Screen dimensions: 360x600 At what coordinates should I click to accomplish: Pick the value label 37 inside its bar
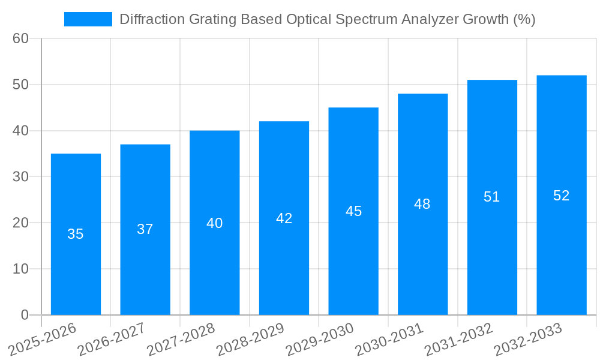pyautogui.click(x=145, y=229)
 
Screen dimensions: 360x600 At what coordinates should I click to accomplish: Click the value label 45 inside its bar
pyautogui.click(x=353, y=211)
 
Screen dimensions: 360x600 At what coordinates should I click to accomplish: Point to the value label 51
pyautogui.click(x=492, y=197)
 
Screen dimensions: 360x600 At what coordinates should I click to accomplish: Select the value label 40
pyautogui.click(x=215, y=223)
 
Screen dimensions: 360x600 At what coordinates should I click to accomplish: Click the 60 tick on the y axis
pyautogui.click(x=21, y=38)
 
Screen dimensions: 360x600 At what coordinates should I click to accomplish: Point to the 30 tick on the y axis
pyautogui.click(x=21, y=177)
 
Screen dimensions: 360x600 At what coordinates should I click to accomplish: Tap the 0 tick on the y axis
pyautogui.click(x=25, y=315)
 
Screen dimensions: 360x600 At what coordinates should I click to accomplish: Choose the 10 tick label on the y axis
pyautogui.click(x=21, y=269)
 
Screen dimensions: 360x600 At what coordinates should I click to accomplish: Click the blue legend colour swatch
pyautogui.click(x=88, y=19)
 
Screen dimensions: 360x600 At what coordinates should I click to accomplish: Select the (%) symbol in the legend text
pyautogui.click(x=524, y=19)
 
